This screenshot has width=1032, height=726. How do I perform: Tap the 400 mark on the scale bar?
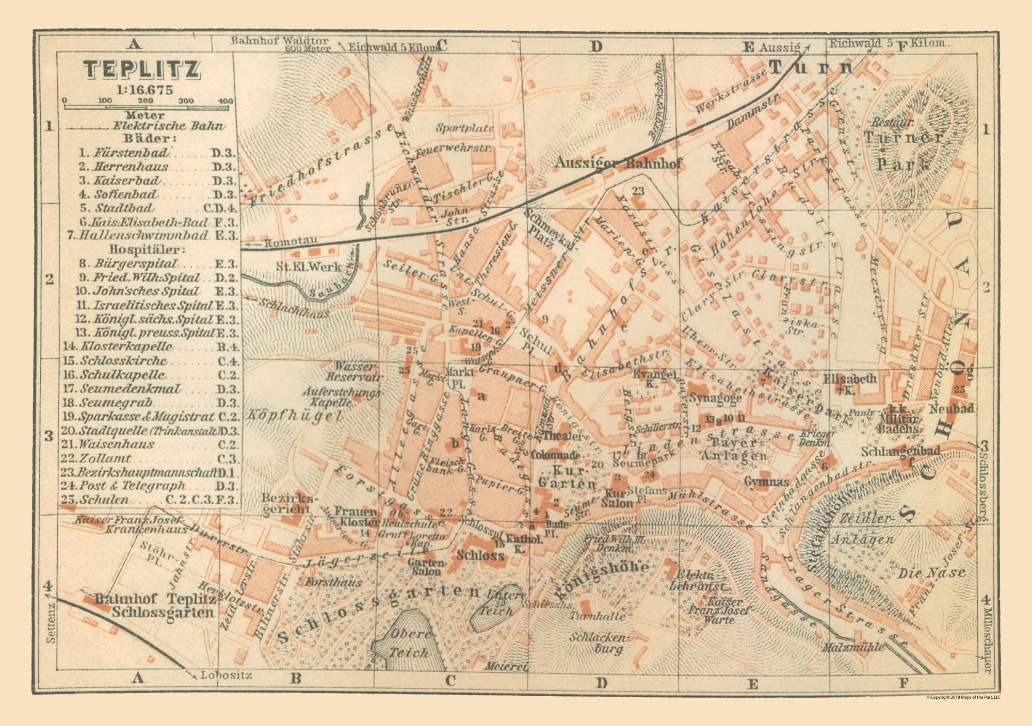[x=225, y=101]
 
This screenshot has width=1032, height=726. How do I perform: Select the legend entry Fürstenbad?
[x=131, y=153]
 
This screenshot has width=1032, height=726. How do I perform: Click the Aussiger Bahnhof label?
[x=619, y=164]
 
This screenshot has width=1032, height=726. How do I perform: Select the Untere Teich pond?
[x=497, y=604]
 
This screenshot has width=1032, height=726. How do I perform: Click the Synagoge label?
[x=715, y=398]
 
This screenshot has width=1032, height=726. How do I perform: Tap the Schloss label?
[x=480, y=555]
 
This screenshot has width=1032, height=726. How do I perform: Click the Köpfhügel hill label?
[x=295, y=416]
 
